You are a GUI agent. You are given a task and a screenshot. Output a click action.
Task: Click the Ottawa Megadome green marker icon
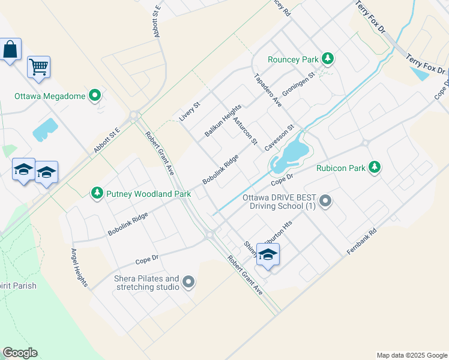click(95, 95)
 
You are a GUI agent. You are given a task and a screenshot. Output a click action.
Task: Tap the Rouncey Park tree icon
click(327, 58)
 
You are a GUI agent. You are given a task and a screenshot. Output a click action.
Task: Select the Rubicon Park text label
click(341, 169)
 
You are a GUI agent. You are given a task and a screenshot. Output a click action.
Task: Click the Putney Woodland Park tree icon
click(97, 193)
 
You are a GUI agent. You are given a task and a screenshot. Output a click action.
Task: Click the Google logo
click(20, 353)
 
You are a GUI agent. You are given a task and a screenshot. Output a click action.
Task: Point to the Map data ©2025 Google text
click(412, 355)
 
